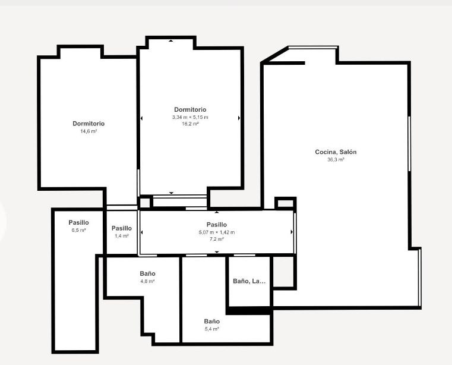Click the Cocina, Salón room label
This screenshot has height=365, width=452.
[x=336, y=152]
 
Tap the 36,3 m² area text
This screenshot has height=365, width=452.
[x=336, y=159]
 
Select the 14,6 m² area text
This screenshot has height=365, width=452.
[x=88, y=131]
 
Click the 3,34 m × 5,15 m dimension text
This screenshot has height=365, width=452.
[x=190, y=117]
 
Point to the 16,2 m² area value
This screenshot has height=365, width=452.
[x=190, y=124]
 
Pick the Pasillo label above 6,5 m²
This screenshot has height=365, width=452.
[x=78, y=222]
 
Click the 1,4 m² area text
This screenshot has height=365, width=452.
[x=122, y=236]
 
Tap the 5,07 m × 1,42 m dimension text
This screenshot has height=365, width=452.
[x=217, y=232]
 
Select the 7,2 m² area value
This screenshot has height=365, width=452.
[x=217, y=239]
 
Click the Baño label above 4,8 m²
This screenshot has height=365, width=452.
[x=147, y=273]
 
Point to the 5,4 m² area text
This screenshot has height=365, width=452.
[x=212, y=329]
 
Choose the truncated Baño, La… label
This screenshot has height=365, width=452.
[x=249, y=281]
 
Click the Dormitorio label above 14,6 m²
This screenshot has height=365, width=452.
[x=88, y=124]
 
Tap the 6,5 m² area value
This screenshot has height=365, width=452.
[x=78, y=230]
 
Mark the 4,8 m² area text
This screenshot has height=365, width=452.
[x=147, y=281]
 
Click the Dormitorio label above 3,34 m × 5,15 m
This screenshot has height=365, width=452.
[x=190, y=109]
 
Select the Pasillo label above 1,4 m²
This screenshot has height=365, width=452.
[x=122, y=228]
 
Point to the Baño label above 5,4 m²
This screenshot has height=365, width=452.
[x=212, y=321]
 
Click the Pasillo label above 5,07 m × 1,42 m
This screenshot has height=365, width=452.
[x=217, y=225]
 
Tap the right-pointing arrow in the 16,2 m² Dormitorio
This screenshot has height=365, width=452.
[x=239, y=118]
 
